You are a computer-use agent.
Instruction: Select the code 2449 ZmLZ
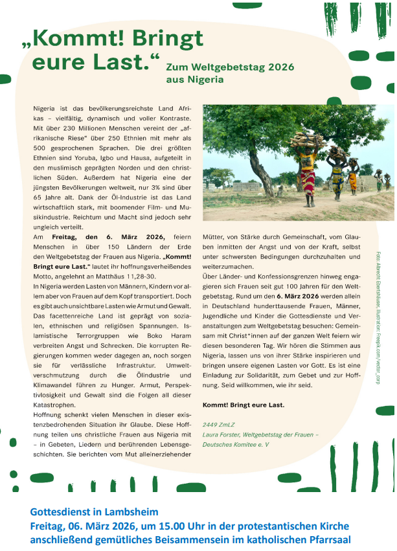pos(219,423)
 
